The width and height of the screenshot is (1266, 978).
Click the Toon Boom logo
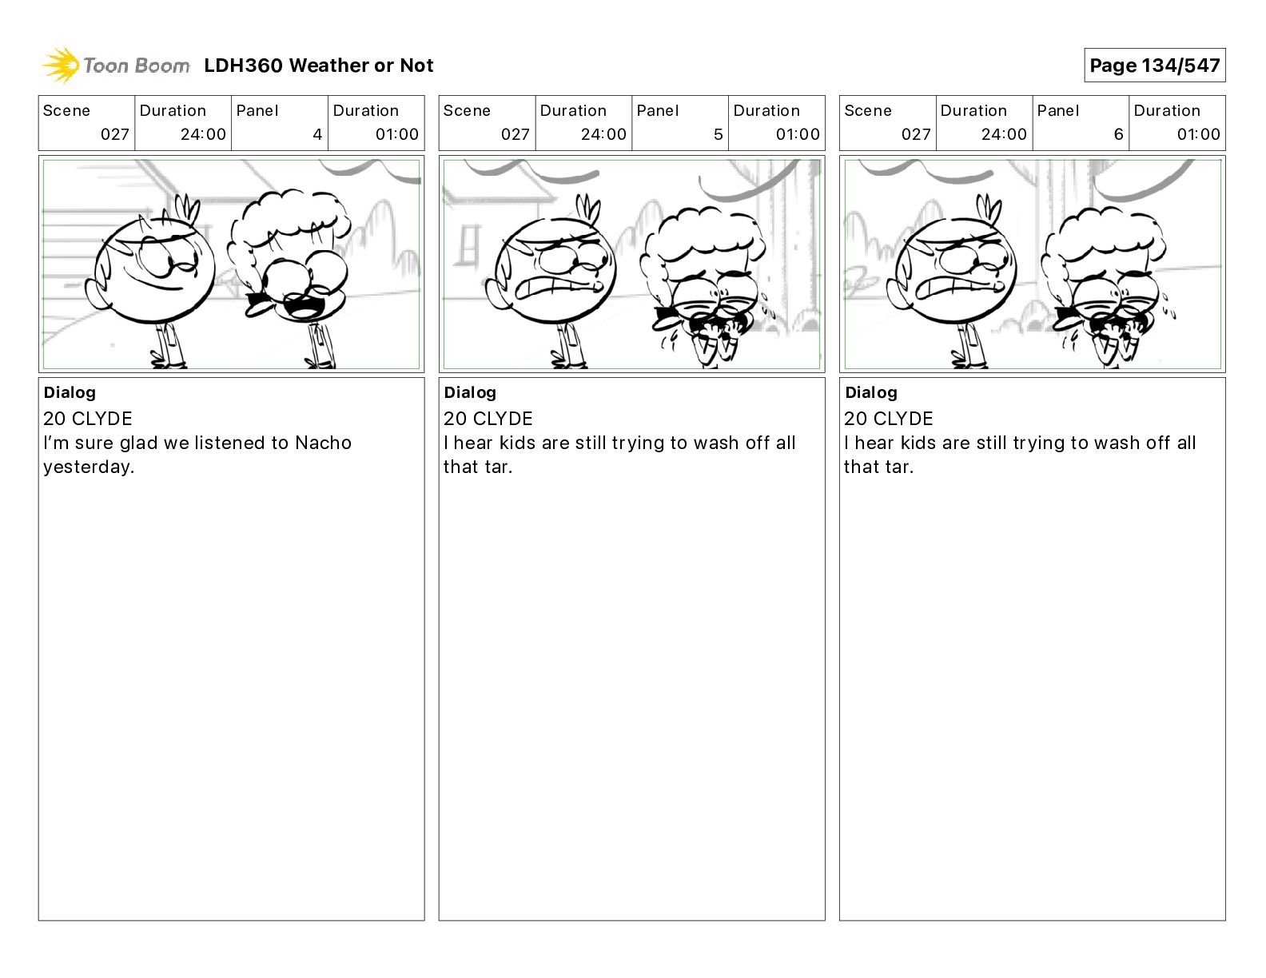point(116,66)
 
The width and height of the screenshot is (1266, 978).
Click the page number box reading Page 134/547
point(1155,66)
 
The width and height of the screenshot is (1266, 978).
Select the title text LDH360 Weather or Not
point(319,66)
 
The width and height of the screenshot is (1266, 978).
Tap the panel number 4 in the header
point(317,134)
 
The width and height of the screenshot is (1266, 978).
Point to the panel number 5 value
point(719,134)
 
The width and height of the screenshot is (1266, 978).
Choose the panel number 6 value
point(1119,134)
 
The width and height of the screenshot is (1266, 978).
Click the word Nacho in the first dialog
point(324,443)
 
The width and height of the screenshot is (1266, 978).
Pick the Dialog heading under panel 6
point(871,392)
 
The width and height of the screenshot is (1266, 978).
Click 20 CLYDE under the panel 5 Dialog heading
point(488,418)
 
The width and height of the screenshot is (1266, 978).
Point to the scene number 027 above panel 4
point(115,134)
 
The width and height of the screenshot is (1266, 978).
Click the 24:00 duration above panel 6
point(1004,134)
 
